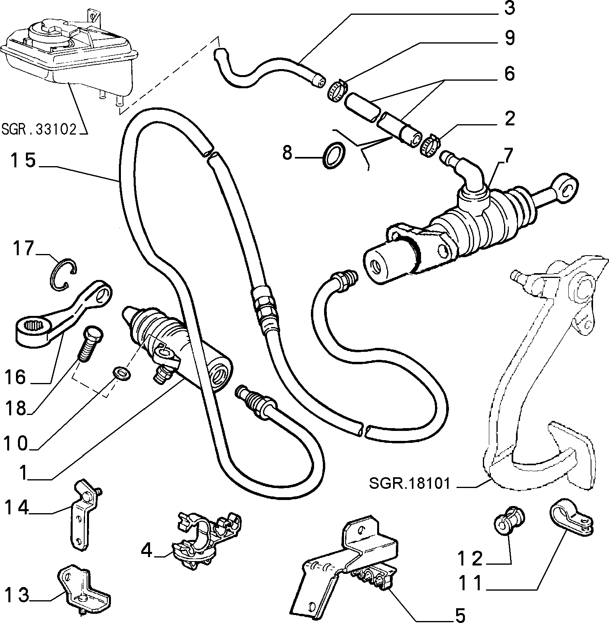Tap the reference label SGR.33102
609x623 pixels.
(x=39, y=129)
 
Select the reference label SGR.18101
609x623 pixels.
(x=409, y=484)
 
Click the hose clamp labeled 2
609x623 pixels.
(x=430, y=145)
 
